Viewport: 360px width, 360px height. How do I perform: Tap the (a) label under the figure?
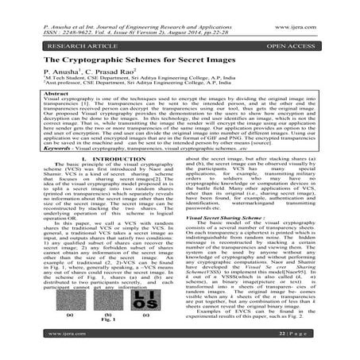click(68, 315)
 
